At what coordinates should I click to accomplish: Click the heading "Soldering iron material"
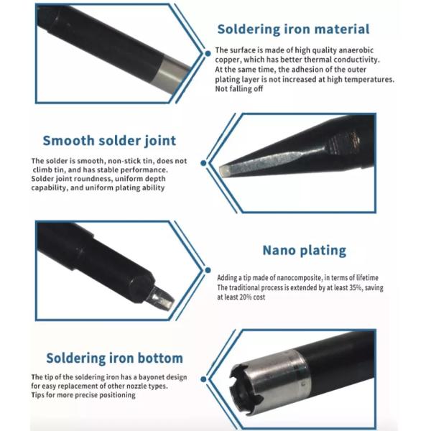[293, 29]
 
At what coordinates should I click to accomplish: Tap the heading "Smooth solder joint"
[109, 141]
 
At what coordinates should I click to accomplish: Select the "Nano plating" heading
[305, 251]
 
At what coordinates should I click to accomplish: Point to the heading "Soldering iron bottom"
[115, 358]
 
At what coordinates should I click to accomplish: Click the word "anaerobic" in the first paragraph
[356, 50]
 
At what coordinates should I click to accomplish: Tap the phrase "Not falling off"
[239, 89]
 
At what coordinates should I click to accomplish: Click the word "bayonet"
[152, 377]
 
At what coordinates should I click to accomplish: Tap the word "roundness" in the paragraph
[94, 179]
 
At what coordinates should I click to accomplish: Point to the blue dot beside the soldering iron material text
[208, 53]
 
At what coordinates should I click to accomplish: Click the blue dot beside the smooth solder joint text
[203, 163]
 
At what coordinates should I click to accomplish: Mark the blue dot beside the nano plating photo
[208, 270]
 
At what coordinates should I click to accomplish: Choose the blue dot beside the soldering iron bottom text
[203, 379]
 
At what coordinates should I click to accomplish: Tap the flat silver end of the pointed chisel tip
[224, 171]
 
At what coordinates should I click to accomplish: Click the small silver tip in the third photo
[161, 299]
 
